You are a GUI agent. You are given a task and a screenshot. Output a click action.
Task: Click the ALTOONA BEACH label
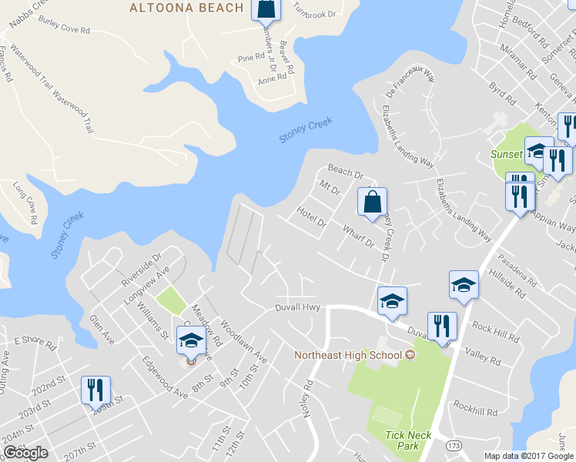click(186, 8)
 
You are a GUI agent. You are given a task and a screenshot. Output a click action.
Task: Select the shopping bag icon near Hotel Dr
click(372, 203)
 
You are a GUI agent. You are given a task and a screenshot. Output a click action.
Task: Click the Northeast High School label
click(349, 355)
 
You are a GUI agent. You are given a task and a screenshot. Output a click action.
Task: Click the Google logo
click(25, 453)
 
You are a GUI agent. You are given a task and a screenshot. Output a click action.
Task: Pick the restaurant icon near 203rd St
click(95, 390)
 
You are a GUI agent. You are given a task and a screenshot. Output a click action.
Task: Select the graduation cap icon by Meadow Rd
click(191, 340)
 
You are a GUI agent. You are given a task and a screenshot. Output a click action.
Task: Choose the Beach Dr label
click(345, 170)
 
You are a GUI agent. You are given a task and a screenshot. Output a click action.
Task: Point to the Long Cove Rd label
click(25, 203)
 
